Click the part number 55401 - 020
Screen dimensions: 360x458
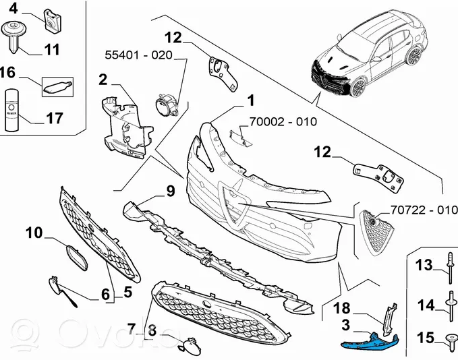point(138,54)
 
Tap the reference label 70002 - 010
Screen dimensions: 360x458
point(283,122)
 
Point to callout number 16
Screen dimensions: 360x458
point(8,73)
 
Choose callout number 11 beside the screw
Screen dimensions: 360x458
point(52,49)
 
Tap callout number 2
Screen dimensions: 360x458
point(103,80)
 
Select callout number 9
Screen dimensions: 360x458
point(170,191)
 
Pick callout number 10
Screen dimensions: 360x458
point(34,234)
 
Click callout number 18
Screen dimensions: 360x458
point(343,308)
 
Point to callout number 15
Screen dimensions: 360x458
point(425,336)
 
